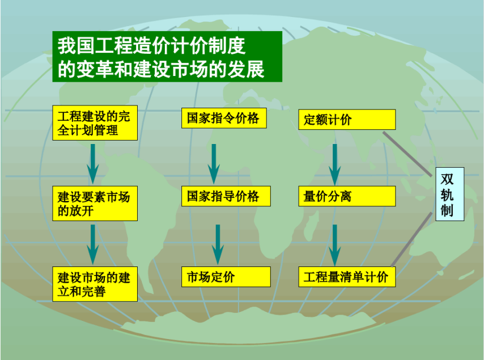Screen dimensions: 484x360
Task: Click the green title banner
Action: (x=167, y=57)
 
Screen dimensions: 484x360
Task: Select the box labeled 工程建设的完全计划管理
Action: (x=95, y=123)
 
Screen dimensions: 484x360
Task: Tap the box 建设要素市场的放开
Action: (x=95, y=204)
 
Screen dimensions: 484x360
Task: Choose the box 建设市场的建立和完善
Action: (x=95, y=284)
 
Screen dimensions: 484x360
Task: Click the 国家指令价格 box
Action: (x=224, y=118)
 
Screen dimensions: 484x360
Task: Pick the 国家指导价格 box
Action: (x=226, y=196)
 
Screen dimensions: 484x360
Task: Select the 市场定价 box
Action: (x=226, y=277)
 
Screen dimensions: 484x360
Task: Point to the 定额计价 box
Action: (x=347, y=120)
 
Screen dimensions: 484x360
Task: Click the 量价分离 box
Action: (x=347, y=196)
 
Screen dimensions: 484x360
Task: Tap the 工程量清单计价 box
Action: (x=347, y=277)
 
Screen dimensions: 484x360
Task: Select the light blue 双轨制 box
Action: (x=450, y=194)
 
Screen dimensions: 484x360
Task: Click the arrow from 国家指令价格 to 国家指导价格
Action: (x=214, y=164)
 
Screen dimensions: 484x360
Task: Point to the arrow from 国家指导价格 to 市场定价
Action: (x=218, y=244)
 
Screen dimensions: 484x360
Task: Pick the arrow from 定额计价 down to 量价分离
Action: (x=334, y=164)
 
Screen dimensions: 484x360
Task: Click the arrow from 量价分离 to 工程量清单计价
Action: (x=334, y=245)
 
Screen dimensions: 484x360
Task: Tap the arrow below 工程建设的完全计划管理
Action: (x=92, y=164)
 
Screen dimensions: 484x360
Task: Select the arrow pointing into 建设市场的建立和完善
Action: (x=92, y=244)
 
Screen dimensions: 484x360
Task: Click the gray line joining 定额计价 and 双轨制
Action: (x=407, y=154)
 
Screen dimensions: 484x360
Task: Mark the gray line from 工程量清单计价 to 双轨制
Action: (x=412, y=239)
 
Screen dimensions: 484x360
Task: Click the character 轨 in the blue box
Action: (x=447, y=195)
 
